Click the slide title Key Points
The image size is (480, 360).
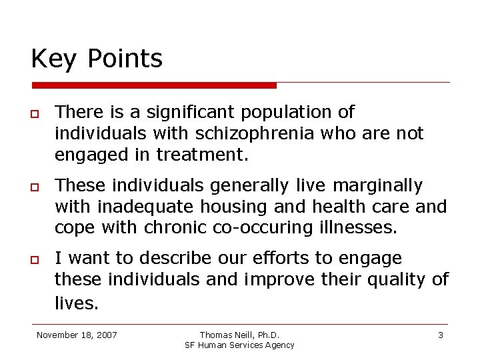click(97, 59)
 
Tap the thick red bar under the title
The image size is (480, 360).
click(154, 85)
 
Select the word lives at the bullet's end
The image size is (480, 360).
click(76, 303)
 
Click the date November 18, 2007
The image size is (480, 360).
click(77, 335)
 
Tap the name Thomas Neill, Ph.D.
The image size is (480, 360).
click(239, 335)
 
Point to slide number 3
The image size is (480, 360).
click(441, 335)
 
